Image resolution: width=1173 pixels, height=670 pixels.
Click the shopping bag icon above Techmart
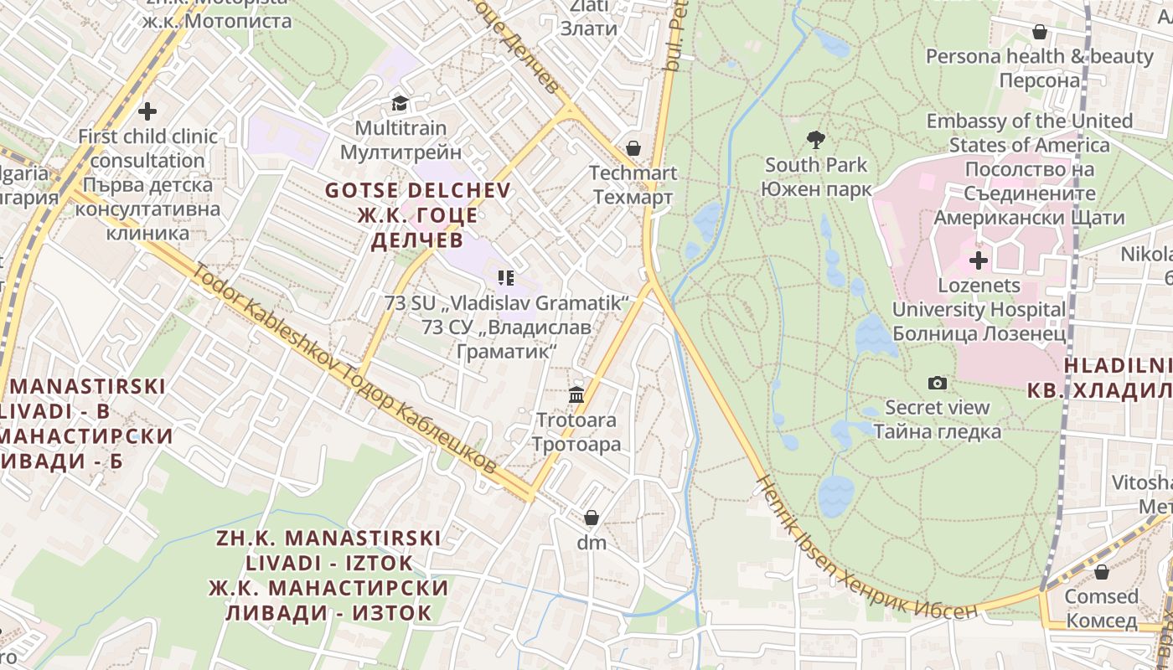click(633, 148)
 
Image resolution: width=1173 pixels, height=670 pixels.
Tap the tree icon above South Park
click(815, 139)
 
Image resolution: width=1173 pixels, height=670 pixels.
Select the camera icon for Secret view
click(938, 383)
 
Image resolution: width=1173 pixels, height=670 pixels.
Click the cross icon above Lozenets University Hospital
click(979, 260)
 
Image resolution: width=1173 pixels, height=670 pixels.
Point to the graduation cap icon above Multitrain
click(400, 103)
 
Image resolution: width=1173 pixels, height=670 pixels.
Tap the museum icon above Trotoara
click(576, 394)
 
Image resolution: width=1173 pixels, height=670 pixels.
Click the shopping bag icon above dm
click(592, 518)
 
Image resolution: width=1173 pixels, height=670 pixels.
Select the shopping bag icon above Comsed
click(1101, 571)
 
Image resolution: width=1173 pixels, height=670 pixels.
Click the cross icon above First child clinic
click(147, 111)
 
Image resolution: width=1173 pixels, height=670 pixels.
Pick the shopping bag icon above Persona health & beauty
click(1040, 32)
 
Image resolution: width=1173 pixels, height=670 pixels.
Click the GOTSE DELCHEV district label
click(417, 190)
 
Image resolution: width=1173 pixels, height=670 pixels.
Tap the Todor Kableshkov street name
click(344, 369)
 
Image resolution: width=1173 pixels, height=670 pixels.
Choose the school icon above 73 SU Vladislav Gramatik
click(505, 277)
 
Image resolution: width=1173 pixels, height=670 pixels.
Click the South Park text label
click(816, 165)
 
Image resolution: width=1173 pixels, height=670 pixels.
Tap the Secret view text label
click(938, 408)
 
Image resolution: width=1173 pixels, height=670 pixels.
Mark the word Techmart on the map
click(633, 173)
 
